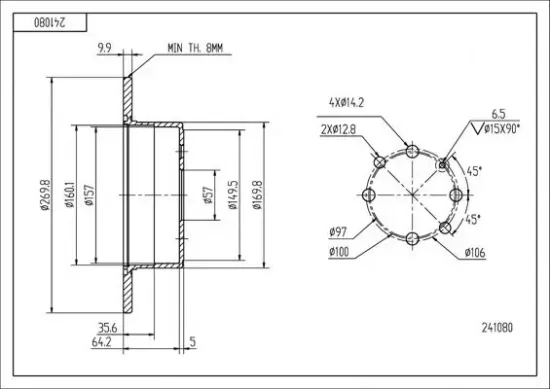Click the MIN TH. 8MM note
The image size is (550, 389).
click(x=195, y=48)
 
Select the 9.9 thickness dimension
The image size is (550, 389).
click(x=104, y=48)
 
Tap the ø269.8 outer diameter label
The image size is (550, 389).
click(x=46, y=195)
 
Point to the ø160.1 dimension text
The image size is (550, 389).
click(x=70, y=195)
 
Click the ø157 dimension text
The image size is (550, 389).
click(x=90, y=195)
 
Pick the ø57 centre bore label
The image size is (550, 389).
click(x=208, y=195)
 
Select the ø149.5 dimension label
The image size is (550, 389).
click(x=233, y=195)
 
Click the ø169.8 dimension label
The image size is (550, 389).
click(x=257, y=195)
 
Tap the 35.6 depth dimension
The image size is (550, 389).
click(x=107, y=328)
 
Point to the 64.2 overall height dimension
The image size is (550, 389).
click(x=101, y=342)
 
